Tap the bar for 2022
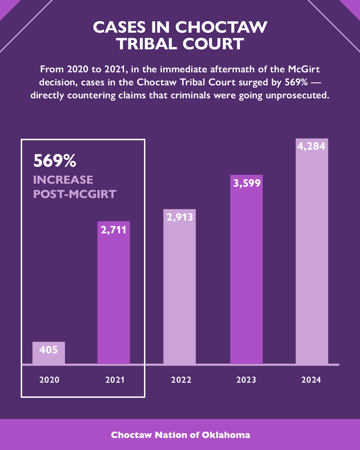pyautogui.click(x=179, y=290)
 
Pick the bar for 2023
pyautogui.click(x=246, y=273)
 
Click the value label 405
pyautogui.click(x=49, y=350)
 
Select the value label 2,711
pyautogui.click(x=114, y=230)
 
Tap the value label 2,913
pyautogui.click(x=180, y=217)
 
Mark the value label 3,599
pyautogui.click(x=247, y=183)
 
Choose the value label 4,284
pyautogui.click(x=311, y=146)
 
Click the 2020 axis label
pyautogui.click(x=49, y=380)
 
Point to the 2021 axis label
pyautogui.click(x=115, y=380)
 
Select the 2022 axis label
pyautogui.click(x=181, y=380)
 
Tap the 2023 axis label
pyautogui.click(x=246, y=380)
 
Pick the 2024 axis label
pyautogui.click(x=311, y=380)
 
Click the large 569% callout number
pyautogui.click(x=55, y=161)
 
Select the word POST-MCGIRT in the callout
pyautogui.click(x=75, y=194)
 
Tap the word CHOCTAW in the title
pyautogui.click(x=221, y=27)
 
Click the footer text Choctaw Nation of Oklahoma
pyautogui.click(x=180, y=435)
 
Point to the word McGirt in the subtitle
pyautogui.click(x=304, y=69)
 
